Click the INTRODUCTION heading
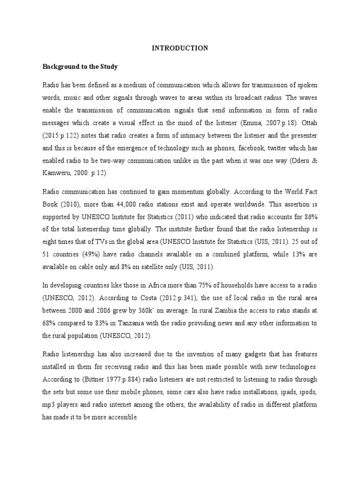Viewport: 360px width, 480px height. click(180, 48)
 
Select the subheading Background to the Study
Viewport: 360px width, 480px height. click(80, 67)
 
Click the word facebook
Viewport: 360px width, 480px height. click(257, 147)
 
